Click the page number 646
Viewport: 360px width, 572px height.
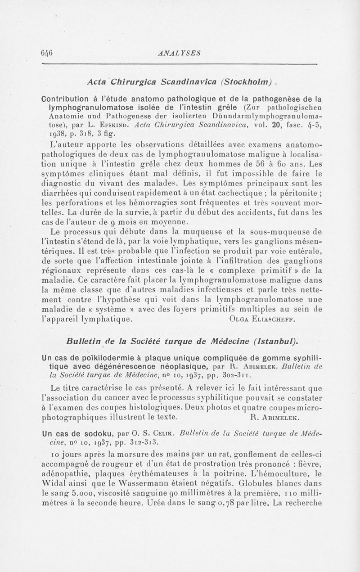tap(47, 52)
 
